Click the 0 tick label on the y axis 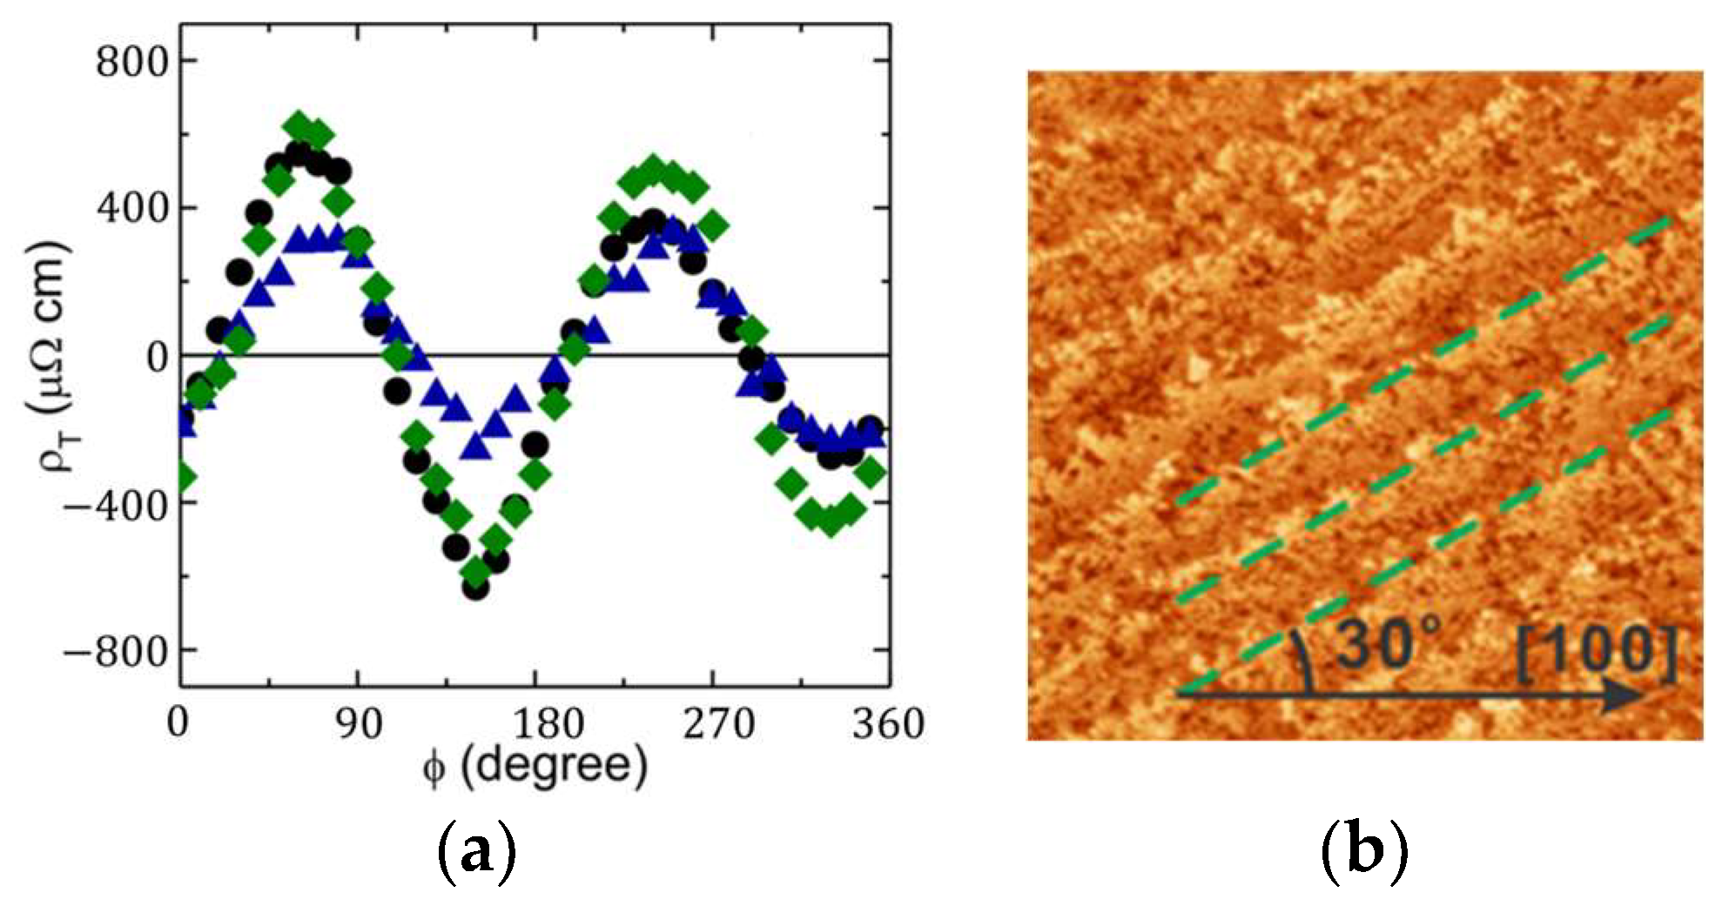click(158, 358)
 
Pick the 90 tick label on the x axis click(359, 723)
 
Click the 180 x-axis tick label click(535, 723)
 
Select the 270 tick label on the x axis click(716, 723)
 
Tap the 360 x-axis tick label click(887, 723)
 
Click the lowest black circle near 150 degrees click(476, 587)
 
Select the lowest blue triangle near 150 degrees click(475, 446)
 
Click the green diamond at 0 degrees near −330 click(182, 478)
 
